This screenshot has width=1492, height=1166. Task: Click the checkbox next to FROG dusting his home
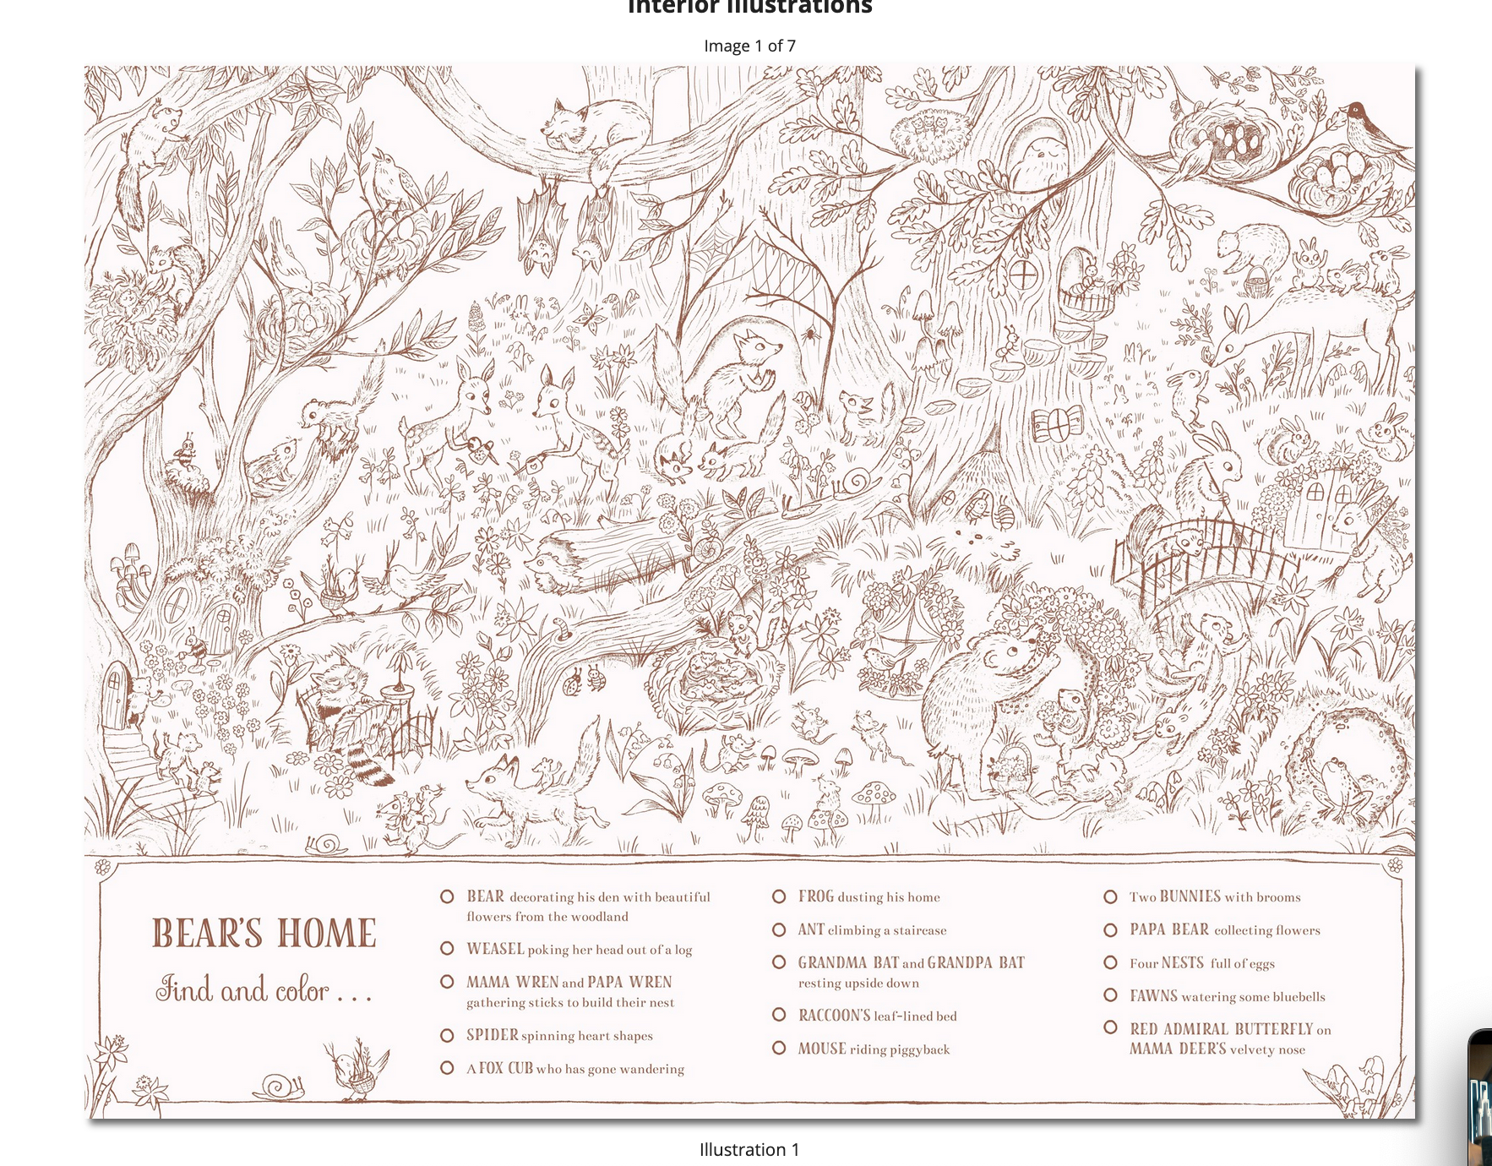pyautogui.click(x=779, y=896)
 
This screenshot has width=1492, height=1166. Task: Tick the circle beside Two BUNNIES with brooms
pyautogui.click(x=1110, y=896)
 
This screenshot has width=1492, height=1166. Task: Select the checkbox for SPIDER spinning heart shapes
pyautogui.click(x=447, y=1035)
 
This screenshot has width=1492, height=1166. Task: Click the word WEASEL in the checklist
pyautogui.click(x=495, y=949)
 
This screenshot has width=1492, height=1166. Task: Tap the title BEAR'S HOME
pyautogui.click(x=264, y=934)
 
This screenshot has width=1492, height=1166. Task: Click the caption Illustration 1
pyautogui.click(x=749, y=1149)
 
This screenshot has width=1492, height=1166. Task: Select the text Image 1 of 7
pyautogui.click(x=749, y=46)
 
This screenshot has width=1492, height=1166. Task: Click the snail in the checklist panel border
pyautogui.click(x=283, y=1087)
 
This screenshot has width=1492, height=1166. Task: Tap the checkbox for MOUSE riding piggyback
pyautogui.click(x=779, y=1049)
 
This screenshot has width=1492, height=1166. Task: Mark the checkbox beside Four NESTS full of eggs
pyautogui.click(x=1110, y=963)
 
